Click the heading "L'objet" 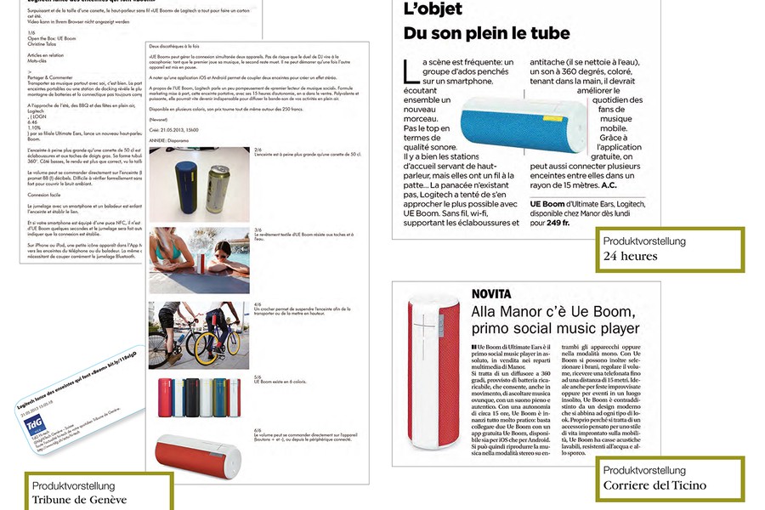[434, 10]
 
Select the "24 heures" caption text [631, 256]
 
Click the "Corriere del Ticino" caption [654, 486]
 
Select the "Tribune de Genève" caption [79, 500]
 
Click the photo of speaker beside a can [199, 179]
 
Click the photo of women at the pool [199, 259]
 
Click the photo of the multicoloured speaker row [199, 397]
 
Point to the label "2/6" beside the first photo [258, 150]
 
